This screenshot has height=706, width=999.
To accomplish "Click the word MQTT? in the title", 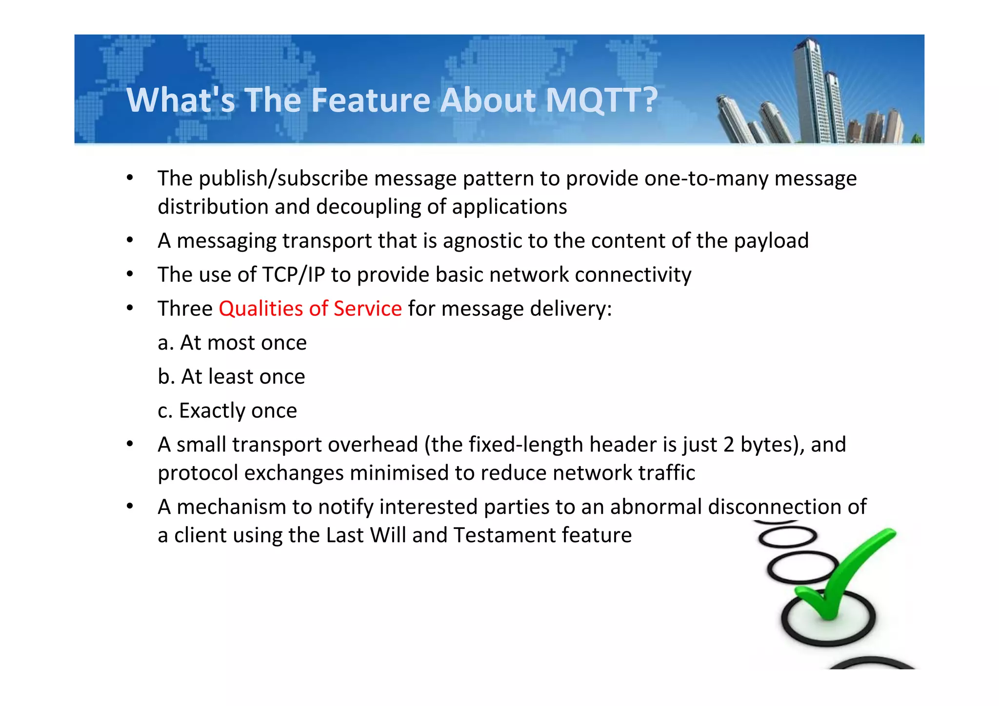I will [x=602, y=100].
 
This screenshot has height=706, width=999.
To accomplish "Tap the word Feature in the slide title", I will [x=370, y=100].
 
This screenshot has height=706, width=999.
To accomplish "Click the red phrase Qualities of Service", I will [x=310, y=309].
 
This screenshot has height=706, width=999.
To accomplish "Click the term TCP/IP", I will [x=293, y=275].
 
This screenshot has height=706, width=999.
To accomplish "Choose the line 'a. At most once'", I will [x=232, y=343].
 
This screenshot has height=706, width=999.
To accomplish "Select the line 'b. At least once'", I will [x=231, y=376].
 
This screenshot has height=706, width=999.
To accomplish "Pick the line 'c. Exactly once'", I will [x=227, y=411].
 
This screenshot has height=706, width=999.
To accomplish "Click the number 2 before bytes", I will [x=729, y=445].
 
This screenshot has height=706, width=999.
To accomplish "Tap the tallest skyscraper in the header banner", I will [x=809, y=88].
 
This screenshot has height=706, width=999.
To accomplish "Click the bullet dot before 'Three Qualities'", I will [x=130, y=308].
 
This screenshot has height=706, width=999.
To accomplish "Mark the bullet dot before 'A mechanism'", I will [x=130, y=507].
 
